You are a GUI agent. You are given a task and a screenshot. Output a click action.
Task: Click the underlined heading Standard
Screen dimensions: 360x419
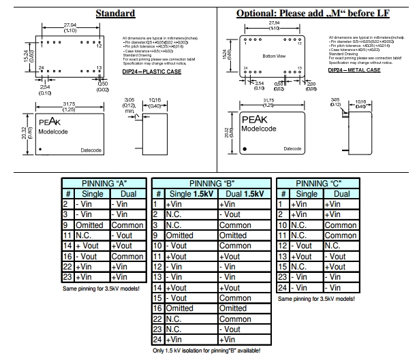coord(115,14)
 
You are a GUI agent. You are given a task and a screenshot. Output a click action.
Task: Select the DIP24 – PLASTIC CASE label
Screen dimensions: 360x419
coord(151,71)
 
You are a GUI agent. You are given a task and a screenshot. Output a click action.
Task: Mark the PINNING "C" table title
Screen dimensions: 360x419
coord(317,183)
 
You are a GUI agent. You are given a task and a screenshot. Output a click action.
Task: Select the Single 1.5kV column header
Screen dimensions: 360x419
coord(189,194)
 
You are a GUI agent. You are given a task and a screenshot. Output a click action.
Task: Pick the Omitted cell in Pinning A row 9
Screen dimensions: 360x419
coord(89,225)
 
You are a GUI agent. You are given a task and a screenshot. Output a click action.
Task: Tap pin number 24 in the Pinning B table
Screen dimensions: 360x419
coord(157,340)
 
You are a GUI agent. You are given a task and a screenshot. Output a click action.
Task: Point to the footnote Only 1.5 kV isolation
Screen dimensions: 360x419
coord(210,351)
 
